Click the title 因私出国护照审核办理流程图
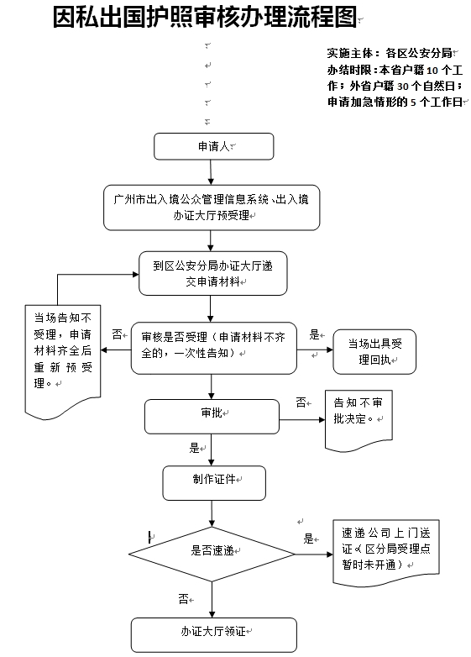[x=205, y=17]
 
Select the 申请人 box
[x=213, y=146]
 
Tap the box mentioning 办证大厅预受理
[x=212, y=208]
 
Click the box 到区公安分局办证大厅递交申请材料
[x=212, y=273]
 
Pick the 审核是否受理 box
[x=213, y=348]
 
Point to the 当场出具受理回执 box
[x=374, y=351]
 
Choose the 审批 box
[x=212, y=417]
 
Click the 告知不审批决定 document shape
[x=358, y=421]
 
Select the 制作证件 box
[x=214, y=483]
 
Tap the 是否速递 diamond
[x=212, y=554]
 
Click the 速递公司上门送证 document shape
[x=385, y=553]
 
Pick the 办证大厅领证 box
[x=213, y=635]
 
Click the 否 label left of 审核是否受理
[x=117, y=334]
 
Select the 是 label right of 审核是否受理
[x=314, y=334]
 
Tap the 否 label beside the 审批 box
[x=301, y=402]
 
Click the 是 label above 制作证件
[x=194, y=448]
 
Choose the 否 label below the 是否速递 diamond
[x=183, y=599]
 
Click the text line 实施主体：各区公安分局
[x=390, y=53]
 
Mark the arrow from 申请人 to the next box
[x=211, y=172]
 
